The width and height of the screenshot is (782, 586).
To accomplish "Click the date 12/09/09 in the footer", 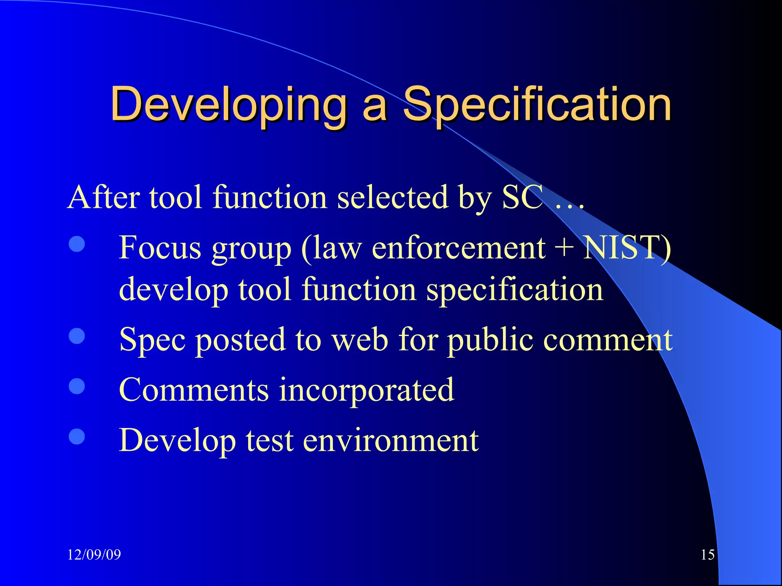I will [94, 554].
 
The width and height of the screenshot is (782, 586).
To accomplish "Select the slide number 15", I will [708, 554].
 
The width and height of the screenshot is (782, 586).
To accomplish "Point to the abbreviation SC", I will [522, 197].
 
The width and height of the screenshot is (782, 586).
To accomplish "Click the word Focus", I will [160, 248].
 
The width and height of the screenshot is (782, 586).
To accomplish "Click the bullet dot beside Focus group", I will [77, 244].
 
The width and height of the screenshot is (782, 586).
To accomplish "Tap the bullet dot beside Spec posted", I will [77, 336].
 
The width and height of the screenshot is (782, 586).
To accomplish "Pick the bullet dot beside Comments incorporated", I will [77, 386].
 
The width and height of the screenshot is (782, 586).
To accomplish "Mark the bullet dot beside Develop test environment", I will [77, 436].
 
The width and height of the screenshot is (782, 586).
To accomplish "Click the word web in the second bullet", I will [360, 340].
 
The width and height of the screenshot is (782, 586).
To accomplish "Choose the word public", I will [490, 340].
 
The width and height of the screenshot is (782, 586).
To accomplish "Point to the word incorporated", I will [366, 390].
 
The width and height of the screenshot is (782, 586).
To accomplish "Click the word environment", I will [391, 440].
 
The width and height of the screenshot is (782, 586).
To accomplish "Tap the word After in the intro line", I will [104, 197].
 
